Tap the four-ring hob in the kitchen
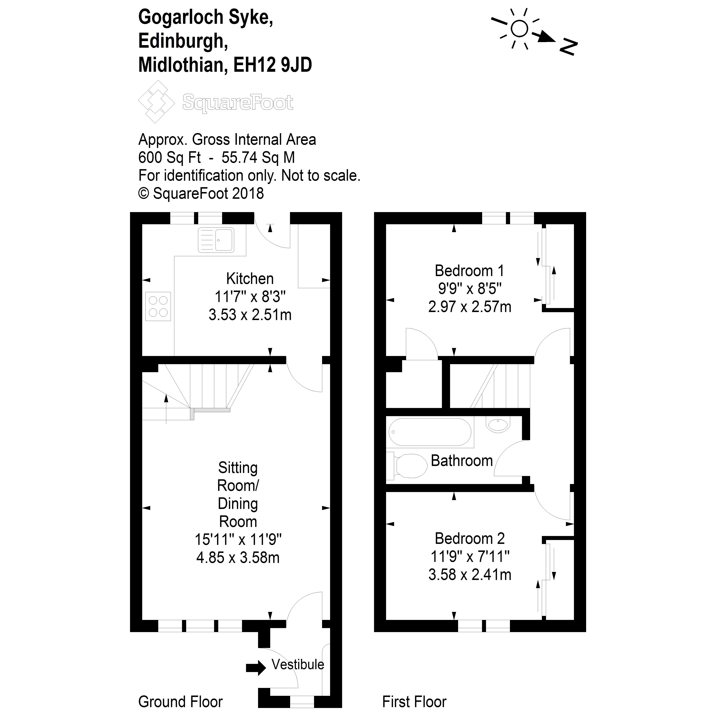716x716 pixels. pos(158,306)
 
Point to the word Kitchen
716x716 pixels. pos(250,279)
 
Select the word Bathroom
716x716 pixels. pos(462,461)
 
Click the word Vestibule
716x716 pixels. pos(298,664)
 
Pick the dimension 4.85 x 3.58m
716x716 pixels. pos(238,558)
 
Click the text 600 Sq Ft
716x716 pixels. pos(169,158)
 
